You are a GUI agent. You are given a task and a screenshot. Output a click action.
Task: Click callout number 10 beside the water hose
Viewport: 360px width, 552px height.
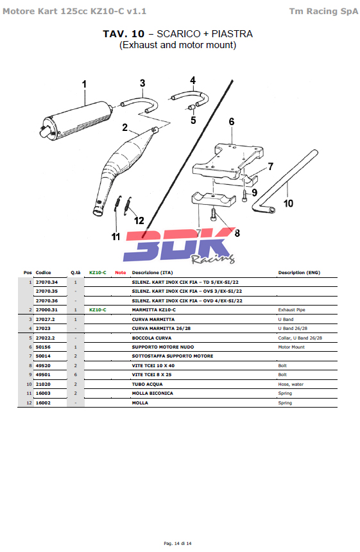pyautogui.click(x=288, y=203)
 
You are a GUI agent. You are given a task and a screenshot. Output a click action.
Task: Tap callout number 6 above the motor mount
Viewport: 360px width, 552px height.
pyautogui.click(x=232, y=122)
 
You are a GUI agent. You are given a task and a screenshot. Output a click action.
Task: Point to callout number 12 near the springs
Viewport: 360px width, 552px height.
pyautogui.click(x=139, y=221)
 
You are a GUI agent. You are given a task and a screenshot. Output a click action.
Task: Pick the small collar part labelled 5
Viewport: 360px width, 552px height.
pyautogui.click(x=191, y=107)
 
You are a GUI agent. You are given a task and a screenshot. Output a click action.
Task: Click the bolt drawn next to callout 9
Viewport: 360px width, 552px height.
pyautogui.click(x=244, y=195)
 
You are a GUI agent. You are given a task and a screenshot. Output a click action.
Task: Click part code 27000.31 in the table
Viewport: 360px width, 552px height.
pyautogui.click(x=46, y=310)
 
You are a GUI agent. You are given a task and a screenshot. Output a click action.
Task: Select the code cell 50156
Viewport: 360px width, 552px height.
pyautogui.click(x=43, y=347)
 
